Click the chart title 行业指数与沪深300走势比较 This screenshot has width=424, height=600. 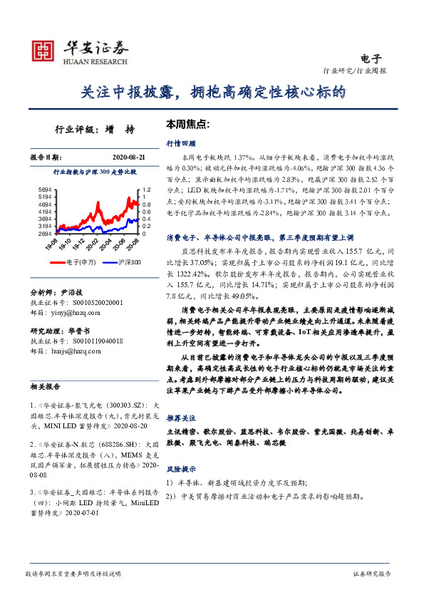[95, 172]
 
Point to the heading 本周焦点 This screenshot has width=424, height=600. [187, 123]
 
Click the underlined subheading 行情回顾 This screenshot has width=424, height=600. [180, 143]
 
